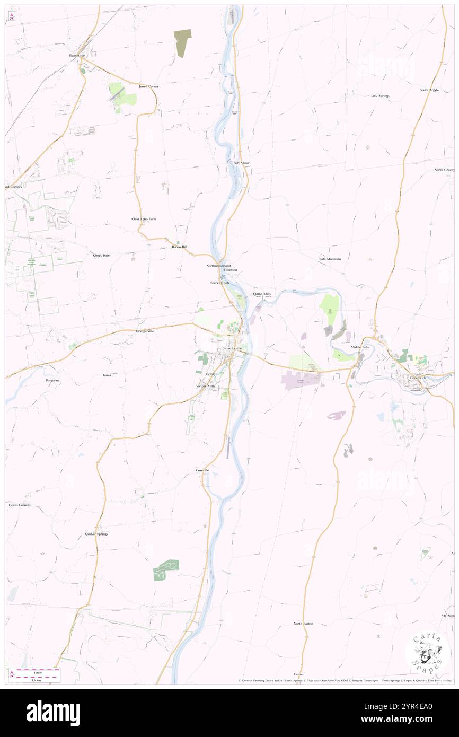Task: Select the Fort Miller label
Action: (x=241, y=163)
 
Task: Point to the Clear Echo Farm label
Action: (x=144, y=219)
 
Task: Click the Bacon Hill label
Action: (x=180, y=247)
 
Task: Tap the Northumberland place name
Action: (x=218, y=265)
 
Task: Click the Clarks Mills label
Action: (x=262, y=294)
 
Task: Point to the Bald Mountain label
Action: (x=330, y=259)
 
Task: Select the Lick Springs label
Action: (x=380, y=96)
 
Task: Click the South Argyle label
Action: (x=429, y=90)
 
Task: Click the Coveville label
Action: (x=202, y=470)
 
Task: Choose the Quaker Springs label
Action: (x=96, y=534)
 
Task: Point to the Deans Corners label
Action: (x=20, y=505)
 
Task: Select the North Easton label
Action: (x=303, y=624)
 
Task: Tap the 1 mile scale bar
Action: (x=37, y=671)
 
